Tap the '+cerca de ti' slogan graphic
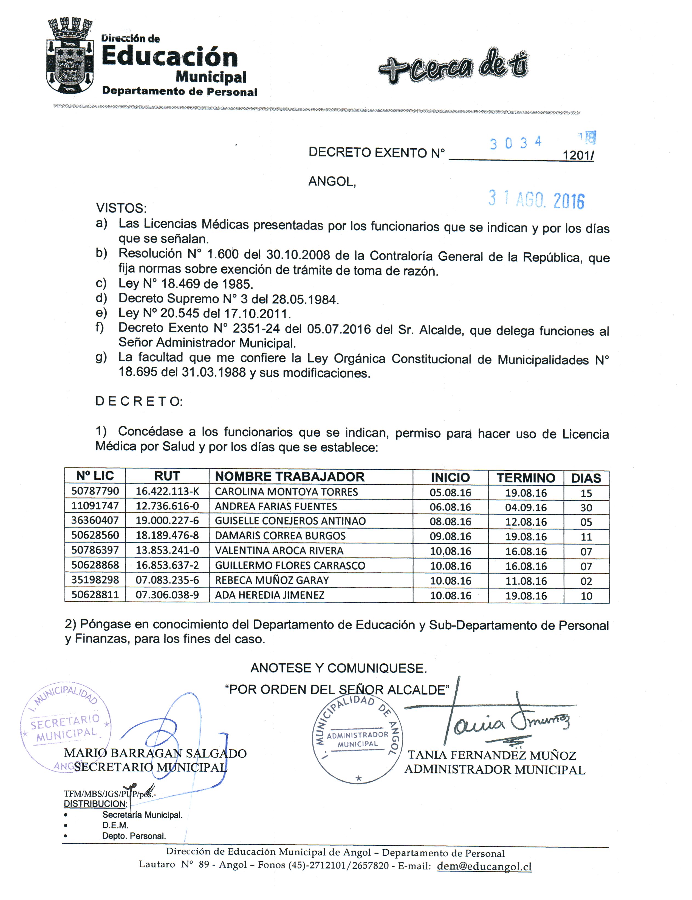453,66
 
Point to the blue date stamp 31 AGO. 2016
536,200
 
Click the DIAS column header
586,478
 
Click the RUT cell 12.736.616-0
167,506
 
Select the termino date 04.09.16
526,507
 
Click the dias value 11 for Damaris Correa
586,537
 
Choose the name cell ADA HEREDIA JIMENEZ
269,595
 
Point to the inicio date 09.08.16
450,536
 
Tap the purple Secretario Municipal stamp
65,727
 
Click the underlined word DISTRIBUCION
95,804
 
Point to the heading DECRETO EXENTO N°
377,153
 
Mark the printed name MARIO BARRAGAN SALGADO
155,753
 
